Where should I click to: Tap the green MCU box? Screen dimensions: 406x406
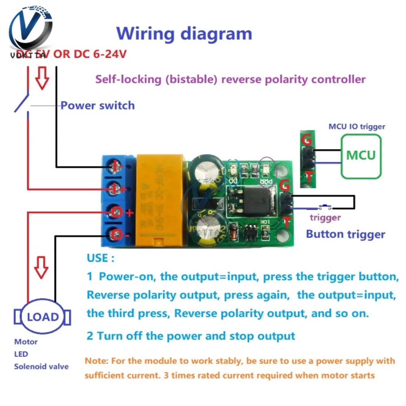click(361, 155)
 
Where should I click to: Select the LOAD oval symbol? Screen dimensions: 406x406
click(43, 317)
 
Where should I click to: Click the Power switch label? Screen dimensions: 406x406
click(97, 106)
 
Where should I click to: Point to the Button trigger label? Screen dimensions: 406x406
click(345, 234)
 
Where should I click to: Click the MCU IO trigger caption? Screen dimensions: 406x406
click(356, 127)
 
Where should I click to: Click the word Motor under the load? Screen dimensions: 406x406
click(26, 342)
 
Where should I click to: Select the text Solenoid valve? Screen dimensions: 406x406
click(41, 366)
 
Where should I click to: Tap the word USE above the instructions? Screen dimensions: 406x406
click(97, 258)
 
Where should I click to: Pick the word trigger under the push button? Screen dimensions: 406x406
click(325, 217)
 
